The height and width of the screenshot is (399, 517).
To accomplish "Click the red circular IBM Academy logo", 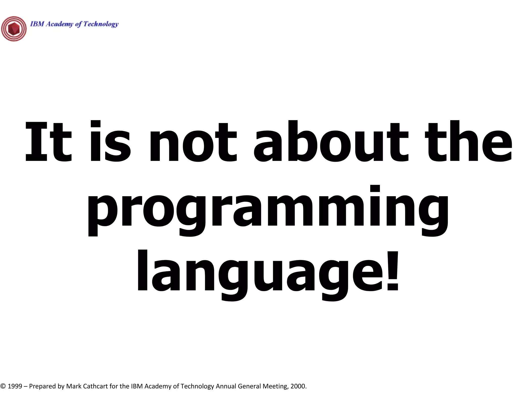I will click(14, 29).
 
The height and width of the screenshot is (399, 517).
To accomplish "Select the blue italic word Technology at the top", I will click(101, 24).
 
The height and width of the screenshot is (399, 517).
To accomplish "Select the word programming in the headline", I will click(268, 211).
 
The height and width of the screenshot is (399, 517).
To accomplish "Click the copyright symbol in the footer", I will click(3, 386).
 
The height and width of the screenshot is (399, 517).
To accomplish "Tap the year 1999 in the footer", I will click(15, 386).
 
